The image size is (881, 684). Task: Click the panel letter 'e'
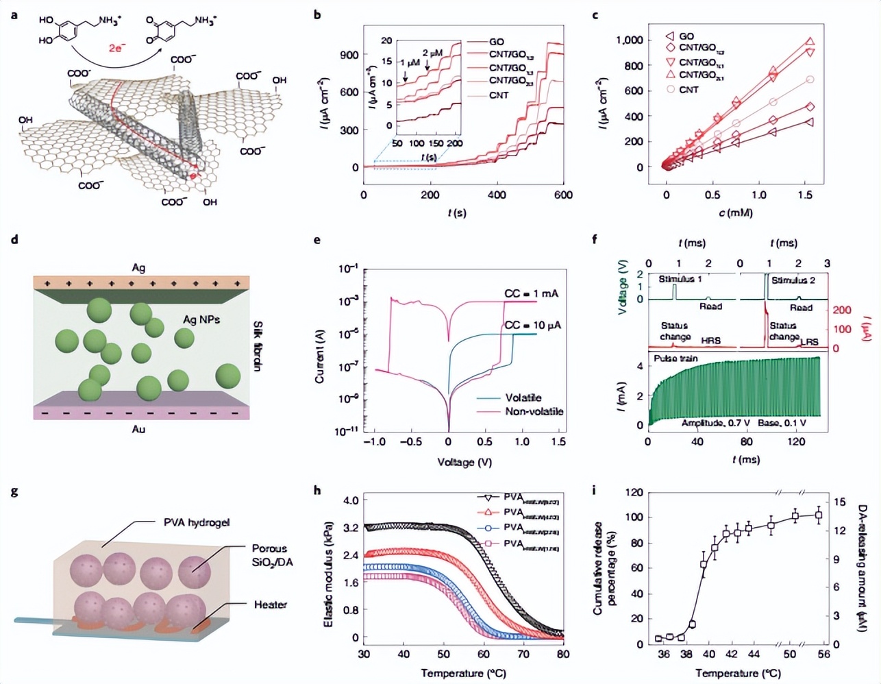317,240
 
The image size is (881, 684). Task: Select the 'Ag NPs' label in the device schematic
201,319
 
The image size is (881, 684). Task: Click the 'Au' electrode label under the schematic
138,429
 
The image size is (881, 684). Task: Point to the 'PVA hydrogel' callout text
197,522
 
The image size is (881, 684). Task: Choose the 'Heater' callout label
270,604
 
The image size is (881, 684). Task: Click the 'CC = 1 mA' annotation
531,293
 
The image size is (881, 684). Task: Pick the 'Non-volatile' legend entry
534,411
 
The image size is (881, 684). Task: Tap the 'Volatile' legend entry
523,398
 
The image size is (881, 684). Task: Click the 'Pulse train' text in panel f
675,358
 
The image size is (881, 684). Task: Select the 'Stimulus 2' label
793,280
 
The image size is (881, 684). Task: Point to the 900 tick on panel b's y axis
349,55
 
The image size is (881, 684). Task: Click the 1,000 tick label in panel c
630,40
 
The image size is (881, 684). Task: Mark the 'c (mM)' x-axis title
736,212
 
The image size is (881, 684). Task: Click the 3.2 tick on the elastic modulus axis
351,528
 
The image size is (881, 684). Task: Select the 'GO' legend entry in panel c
686,36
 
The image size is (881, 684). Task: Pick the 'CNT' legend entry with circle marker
688,90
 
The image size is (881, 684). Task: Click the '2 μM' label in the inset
432,53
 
